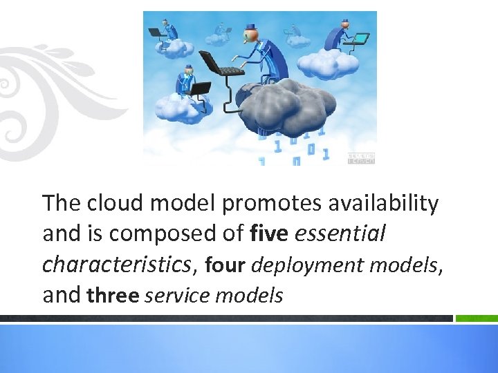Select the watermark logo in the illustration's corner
[360, 158]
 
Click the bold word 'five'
[270, 234]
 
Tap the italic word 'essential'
[340, 234]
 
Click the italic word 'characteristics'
[116, 265]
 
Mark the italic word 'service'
[178, 296]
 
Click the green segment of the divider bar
[477, 318]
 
